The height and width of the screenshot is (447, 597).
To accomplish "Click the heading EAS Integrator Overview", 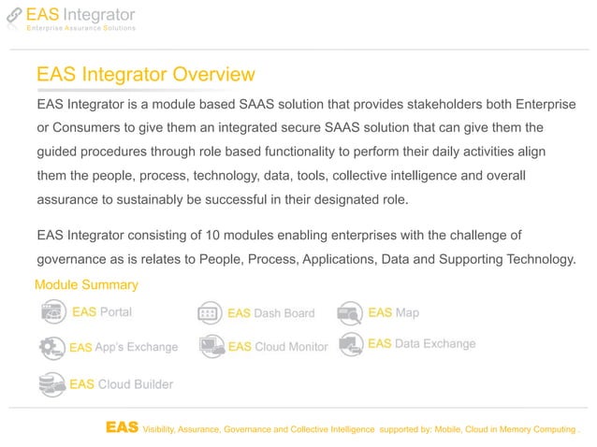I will tap(144, 74).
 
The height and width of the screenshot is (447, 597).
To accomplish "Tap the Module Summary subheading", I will tap(86, 284).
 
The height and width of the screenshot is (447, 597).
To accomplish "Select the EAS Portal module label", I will tap(102, 311).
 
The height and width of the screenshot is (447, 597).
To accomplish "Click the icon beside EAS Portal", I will tap(53, 311).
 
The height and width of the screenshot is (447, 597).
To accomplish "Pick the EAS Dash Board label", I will tap(270, 313).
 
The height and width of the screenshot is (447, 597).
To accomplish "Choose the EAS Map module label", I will tap(393, 312).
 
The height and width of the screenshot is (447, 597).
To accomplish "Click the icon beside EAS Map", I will tap(350, 312).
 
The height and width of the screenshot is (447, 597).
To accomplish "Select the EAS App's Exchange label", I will tap(124, 347).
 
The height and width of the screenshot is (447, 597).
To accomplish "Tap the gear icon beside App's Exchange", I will tap(52, 347).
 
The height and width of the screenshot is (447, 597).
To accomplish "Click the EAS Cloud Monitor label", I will tap(278, 347).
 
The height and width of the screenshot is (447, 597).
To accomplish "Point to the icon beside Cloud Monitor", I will tap(212, 347).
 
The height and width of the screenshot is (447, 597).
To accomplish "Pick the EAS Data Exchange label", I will tap(421, 344).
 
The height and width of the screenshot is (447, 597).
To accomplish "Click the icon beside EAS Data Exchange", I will tap(350, 344).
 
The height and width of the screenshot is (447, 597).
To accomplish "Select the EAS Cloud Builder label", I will tap(122, 383).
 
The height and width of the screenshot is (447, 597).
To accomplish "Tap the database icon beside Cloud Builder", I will tap(51, 383).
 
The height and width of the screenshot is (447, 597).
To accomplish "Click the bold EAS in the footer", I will tap(122, 427).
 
